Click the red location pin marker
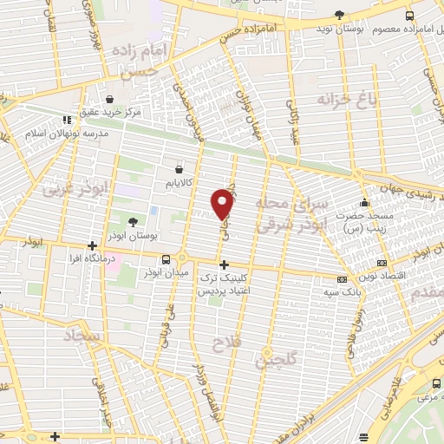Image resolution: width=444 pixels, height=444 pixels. click(x=224, y=204)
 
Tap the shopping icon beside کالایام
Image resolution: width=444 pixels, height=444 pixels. click(x=179, y=168)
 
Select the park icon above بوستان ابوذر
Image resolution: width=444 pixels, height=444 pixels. click(x=132, y=223)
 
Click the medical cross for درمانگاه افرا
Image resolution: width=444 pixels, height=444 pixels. click(x=92, y=245)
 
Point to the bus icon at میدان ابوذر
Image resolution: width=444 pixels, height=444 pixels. click(x=166, y=259)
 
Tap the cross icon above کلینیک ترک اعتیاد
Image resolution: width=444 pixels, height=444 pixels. click(x=224, y=264)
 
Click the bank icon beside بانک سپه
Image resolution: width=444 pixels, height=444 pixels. click(x=342, y=278)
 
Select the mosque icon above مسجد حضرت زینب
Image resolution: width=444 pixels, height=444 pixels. click(x=374, y=200)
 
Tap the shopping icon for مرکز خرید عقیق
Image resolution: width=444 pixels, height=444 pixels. click(x=110, y=99)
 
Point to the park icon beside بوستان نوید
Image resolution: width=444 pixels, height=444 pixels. click(x=339, y=16)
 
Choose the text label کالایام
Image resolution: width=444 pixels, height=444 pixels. click(x=179, y=183)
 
